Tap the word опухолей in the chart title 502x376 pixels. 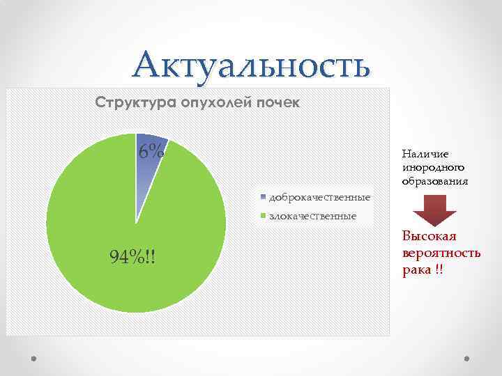[x=213, y=104]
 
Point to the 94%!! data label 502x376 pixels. [x=132, y=258]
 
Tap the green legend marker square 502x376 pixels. [x=263, y=216]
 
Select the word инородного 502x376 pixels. [x=433, y=167]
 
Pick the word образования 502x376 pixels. [x=435, y=180]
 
